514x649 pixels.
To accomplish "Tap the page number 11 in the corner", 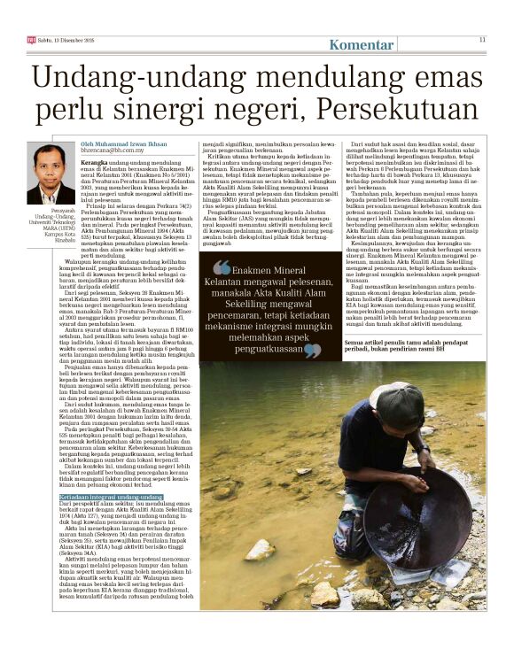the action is pyautogui.click(x=482, y=39).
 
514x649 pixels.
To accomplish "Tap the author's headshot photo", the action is pyautogui.click(x=51, y=173).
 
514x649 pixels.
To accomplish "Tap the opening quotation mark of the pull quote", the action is pyautogui.click(x=221, y=268).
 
